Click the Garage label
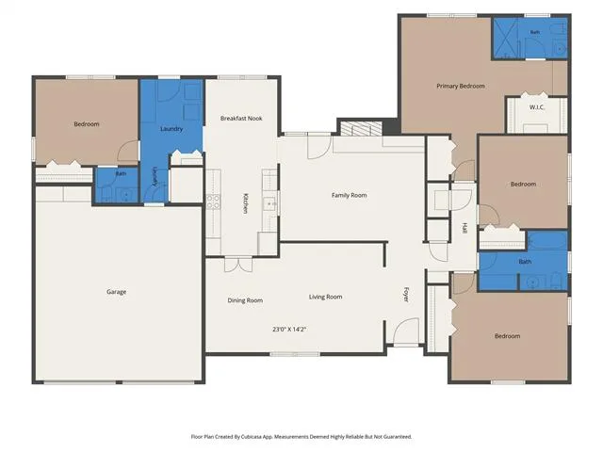pos(117,292)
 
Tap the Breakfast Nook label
pos(241,119)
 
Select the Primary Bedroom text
pos(461,86)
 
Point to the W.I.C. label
pos(537,107)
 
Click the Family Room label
pos(350,195)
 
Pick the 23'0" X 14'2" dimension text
pos(289,330)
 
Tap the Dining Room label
pos(245,300)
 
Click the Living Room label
pos(325,297)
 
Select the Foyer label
pos(406,295)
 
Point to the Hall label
pos(464,228)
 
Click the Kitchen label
pos(245,203)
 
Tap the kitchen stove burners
pos(214,202)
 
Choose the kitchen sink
pos(269,204)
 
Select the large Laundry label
pos(171,129)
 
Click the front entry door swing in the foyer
pos(405,331)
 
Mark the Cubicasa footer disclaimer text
pos(301,437)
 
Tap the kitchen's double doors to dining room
pos(238,264)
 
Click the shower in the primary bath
pos(505,38)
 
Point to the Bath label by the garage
pos(121,173)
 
